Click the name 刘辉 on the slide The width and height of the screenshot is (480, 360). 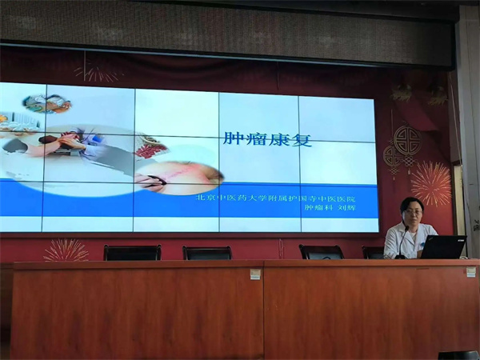pos(346,208)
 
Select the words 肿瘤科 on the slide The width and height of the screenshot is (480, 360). pos(318,208)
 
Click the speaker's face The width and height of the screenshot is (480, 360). pos(412,214)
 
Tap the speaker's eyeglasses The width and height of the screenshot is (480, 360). pos(412,212)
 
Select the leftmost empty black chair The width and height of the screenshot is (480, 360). pos(132,253)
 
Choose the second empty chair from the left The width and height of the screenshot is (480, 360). pos(207,253)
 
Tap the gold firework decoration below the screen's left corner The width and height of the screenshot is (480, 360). pos(66,250)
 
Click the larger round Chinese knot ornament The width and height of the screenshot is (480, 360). pos(407,141)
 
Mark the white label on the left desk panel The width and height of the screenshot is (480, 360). pos(255,274)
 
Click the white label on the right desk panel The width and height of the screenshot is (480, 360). pos(470,271)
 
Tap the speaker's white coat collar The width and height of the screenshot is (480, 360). pos(410,230)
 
